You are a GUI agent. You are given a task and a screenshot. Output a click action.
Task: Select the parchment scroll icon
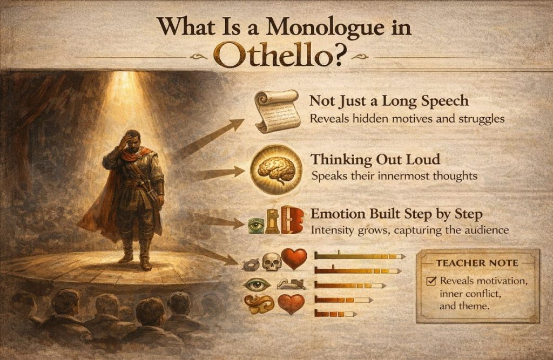pos(276,110)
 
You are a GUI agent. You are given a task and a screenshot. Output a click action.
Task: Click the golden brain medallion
pos(276,169)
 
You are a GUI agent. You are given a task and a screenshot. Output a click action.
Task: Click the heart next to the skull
pos(294,259)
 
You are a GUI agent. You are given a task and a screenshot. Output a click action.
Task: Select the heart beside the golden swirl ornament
pos(291,304)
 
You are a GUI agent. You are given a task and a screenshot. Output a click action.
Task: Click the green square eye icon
pos(254,225)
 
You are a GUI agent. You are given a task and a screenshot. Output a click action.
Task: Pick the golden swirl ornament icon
pos(259,304)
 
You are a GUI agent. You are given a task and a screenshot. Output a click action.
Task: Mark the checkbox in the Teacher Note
pos(431,281)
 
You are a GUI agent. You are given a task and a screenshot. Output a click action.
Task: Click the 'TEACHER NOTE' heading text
pos(477,263)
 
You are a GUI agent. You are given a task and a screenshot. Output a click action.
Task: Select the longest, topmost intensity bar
pos(359,256)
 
